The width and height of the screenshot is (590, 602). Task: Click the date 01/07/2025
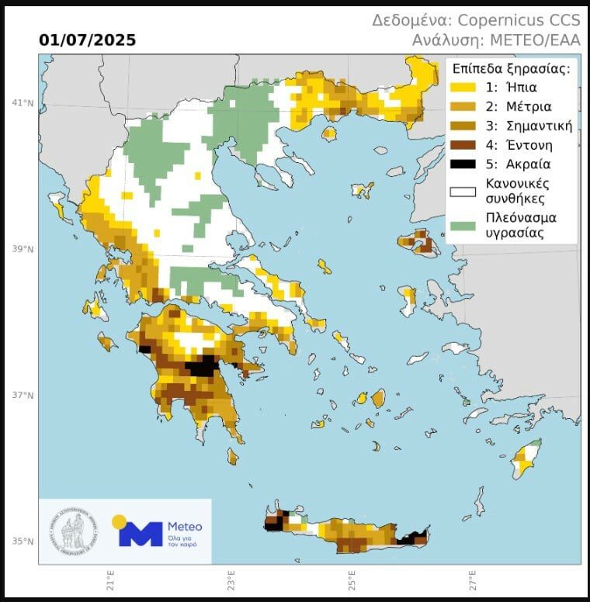87,40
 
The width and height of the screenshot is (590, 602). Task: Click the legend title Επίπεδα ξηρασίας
512,68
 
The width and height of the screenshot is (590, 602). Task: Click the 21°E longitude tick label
109,581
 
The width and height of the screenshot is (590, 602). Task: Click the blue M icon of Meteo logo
141,534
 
